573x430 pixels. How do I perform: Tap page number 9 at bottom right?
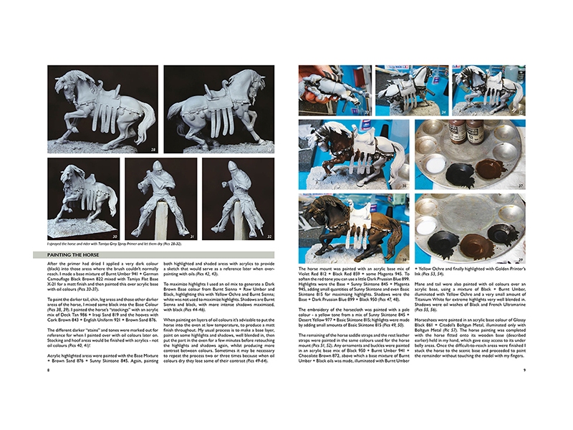[524, 371]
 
